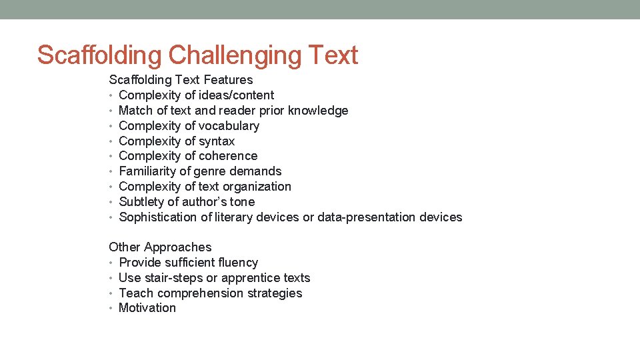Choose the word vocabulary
[x=226, y=126]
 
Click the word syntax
[x=217, y=141]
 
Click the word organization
[x=258, y=187]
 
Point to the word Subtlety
[x=140, y=202]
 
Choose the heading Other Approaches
[x=160, y=247]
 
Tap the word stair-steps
[x=165, y=278]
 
